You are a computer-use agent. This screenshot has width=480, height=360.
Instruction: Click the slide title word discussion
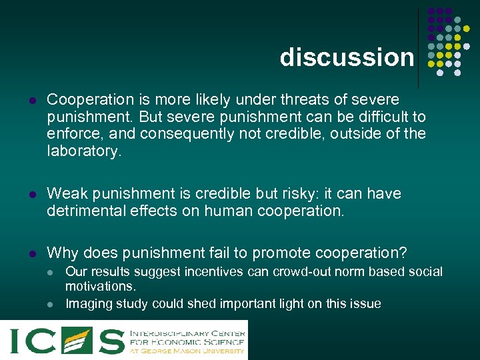[347, 57]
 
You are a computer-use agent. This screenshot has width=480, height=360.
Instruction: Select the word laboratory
[84, 151]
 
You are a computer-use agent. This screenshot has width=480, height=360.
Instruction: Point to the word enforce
[70, 134]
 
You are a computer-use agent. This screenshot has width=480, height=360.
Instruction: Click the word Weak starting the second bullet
[65, 194]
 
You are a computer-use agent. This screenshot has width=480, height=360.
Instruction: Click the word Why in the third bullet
[62, 253]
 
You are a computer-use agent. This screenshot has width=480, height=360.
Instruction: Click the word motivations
[100, 286]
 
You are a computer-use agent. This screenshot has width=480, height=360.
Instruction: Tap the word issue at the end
[366, 304]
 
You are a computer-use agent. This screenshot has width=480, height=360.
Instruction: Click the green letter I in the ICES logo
[16, 339]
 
